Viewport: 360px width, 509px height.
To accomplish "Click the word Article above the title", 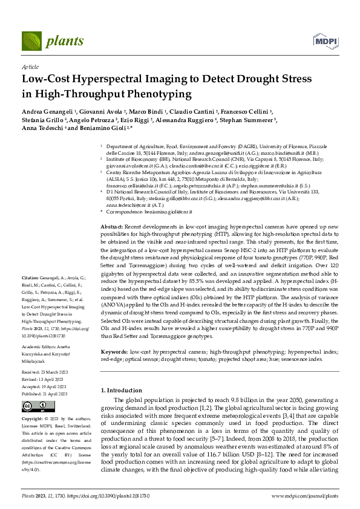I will click(30, 68).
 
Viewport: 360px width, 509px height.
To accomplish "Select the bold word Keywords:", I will click(114, 351).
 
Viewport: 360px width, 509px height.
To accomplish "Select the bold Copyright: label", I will click(33, 418).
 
